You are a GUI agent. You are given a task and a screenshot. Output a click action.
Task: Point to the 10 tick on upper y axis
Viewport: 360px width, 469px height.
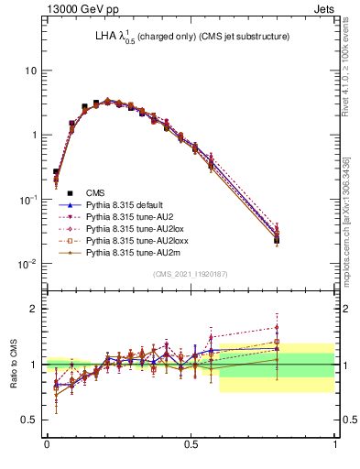[31, 71]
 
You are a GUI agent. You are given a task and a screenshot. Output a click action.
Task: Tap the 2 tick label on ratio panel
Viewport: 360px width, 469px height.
[34, 309]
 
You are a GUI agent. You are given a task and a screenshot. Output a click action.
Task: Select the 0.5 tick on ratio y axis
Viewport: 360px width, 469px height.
[29, 420]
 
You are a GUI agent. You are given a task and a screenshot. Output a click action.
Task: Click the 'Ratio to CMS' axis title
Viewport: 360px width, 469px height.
[13, 365]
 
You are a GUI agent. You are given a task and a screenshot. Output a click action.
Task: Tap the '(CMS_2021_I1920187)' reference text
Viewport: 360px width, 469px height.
[191, 273]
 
